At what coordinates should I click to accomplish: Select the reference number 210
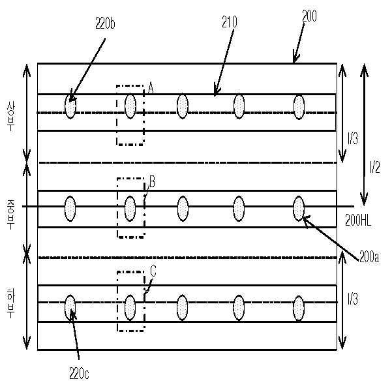click(x=229, y=22)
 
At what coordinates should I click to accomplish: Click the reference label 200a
click(x=369, y=256)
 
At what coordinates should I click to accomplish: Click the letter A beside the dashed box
click(x=150, y=88)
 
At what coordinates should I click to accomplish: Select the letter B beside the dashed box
click(x=152, y=181)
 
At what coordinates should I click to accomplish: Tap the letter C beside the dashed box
click(x=153, y=270)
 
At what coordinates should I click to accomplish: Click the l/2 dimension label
click(x=374, y=168)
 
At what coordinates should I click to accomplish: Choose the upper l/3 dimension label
click(x=353, y=138)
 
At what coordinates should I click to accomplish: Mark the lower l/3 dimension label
click(x=353, y=299)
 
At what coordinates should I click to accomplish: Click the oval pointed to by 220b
click(x=70, y=106)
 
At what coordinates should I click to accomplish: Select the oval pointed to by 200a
click(x=299, y=208)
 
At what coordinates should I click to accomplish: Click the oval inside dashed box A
click(x=130, y=106)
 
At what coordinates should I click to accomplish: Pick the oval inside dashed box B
click(x=130, y=208)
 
